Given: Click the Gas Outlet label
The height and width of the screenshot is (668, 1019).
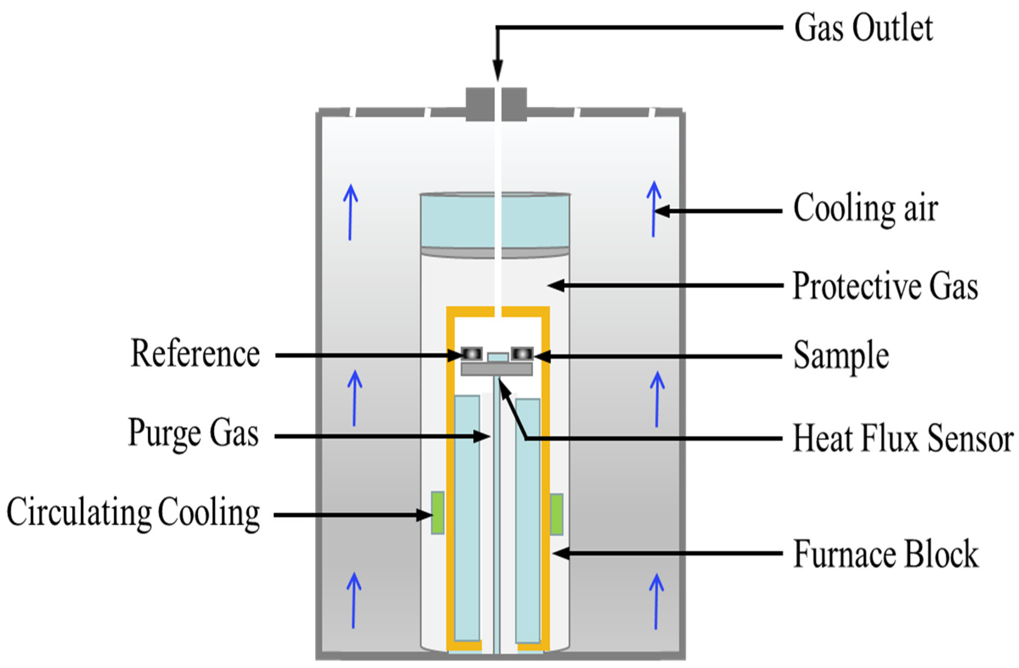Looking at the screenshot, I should (x=863, y=29).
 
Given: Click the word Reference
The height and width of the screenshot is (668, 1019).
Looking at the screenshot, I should (x=195, y=354).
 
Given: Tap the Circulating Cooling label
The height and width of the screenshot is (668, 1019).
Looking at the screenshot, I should (x=133, y=513).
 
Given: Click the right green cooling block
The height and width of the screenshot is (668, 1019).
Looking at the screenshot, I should (x=556, y=514).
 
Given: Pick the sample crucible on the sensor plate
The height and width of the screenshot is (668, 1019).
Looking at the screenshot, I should (x=522, y=353).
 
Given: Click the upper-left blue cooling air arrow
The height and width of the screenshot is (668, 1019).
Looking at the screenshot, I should (x=350, y=212).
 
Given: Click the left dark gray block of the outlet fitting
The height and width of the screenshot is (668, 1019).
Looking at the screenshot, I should (x=479, y=104).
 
